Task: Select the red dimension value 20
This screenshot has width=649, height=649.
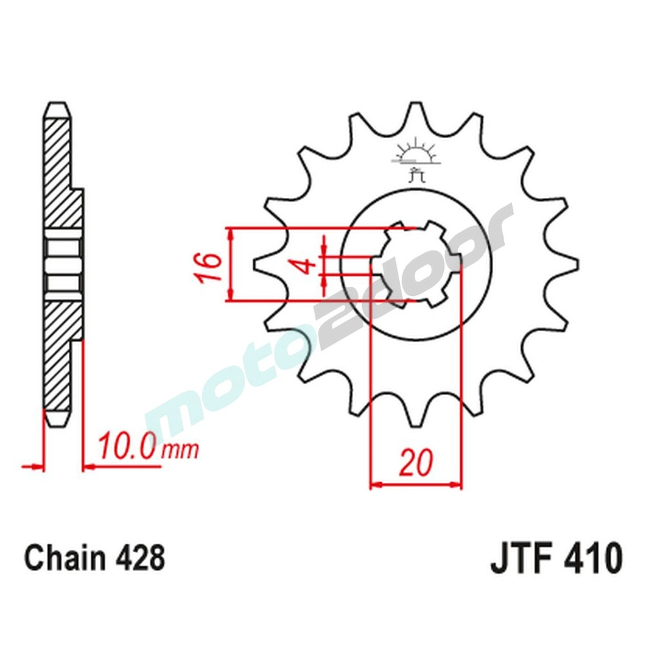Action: pos(415,463)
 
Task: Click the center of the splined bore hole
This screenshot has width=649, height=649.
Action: pos(415,265)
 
